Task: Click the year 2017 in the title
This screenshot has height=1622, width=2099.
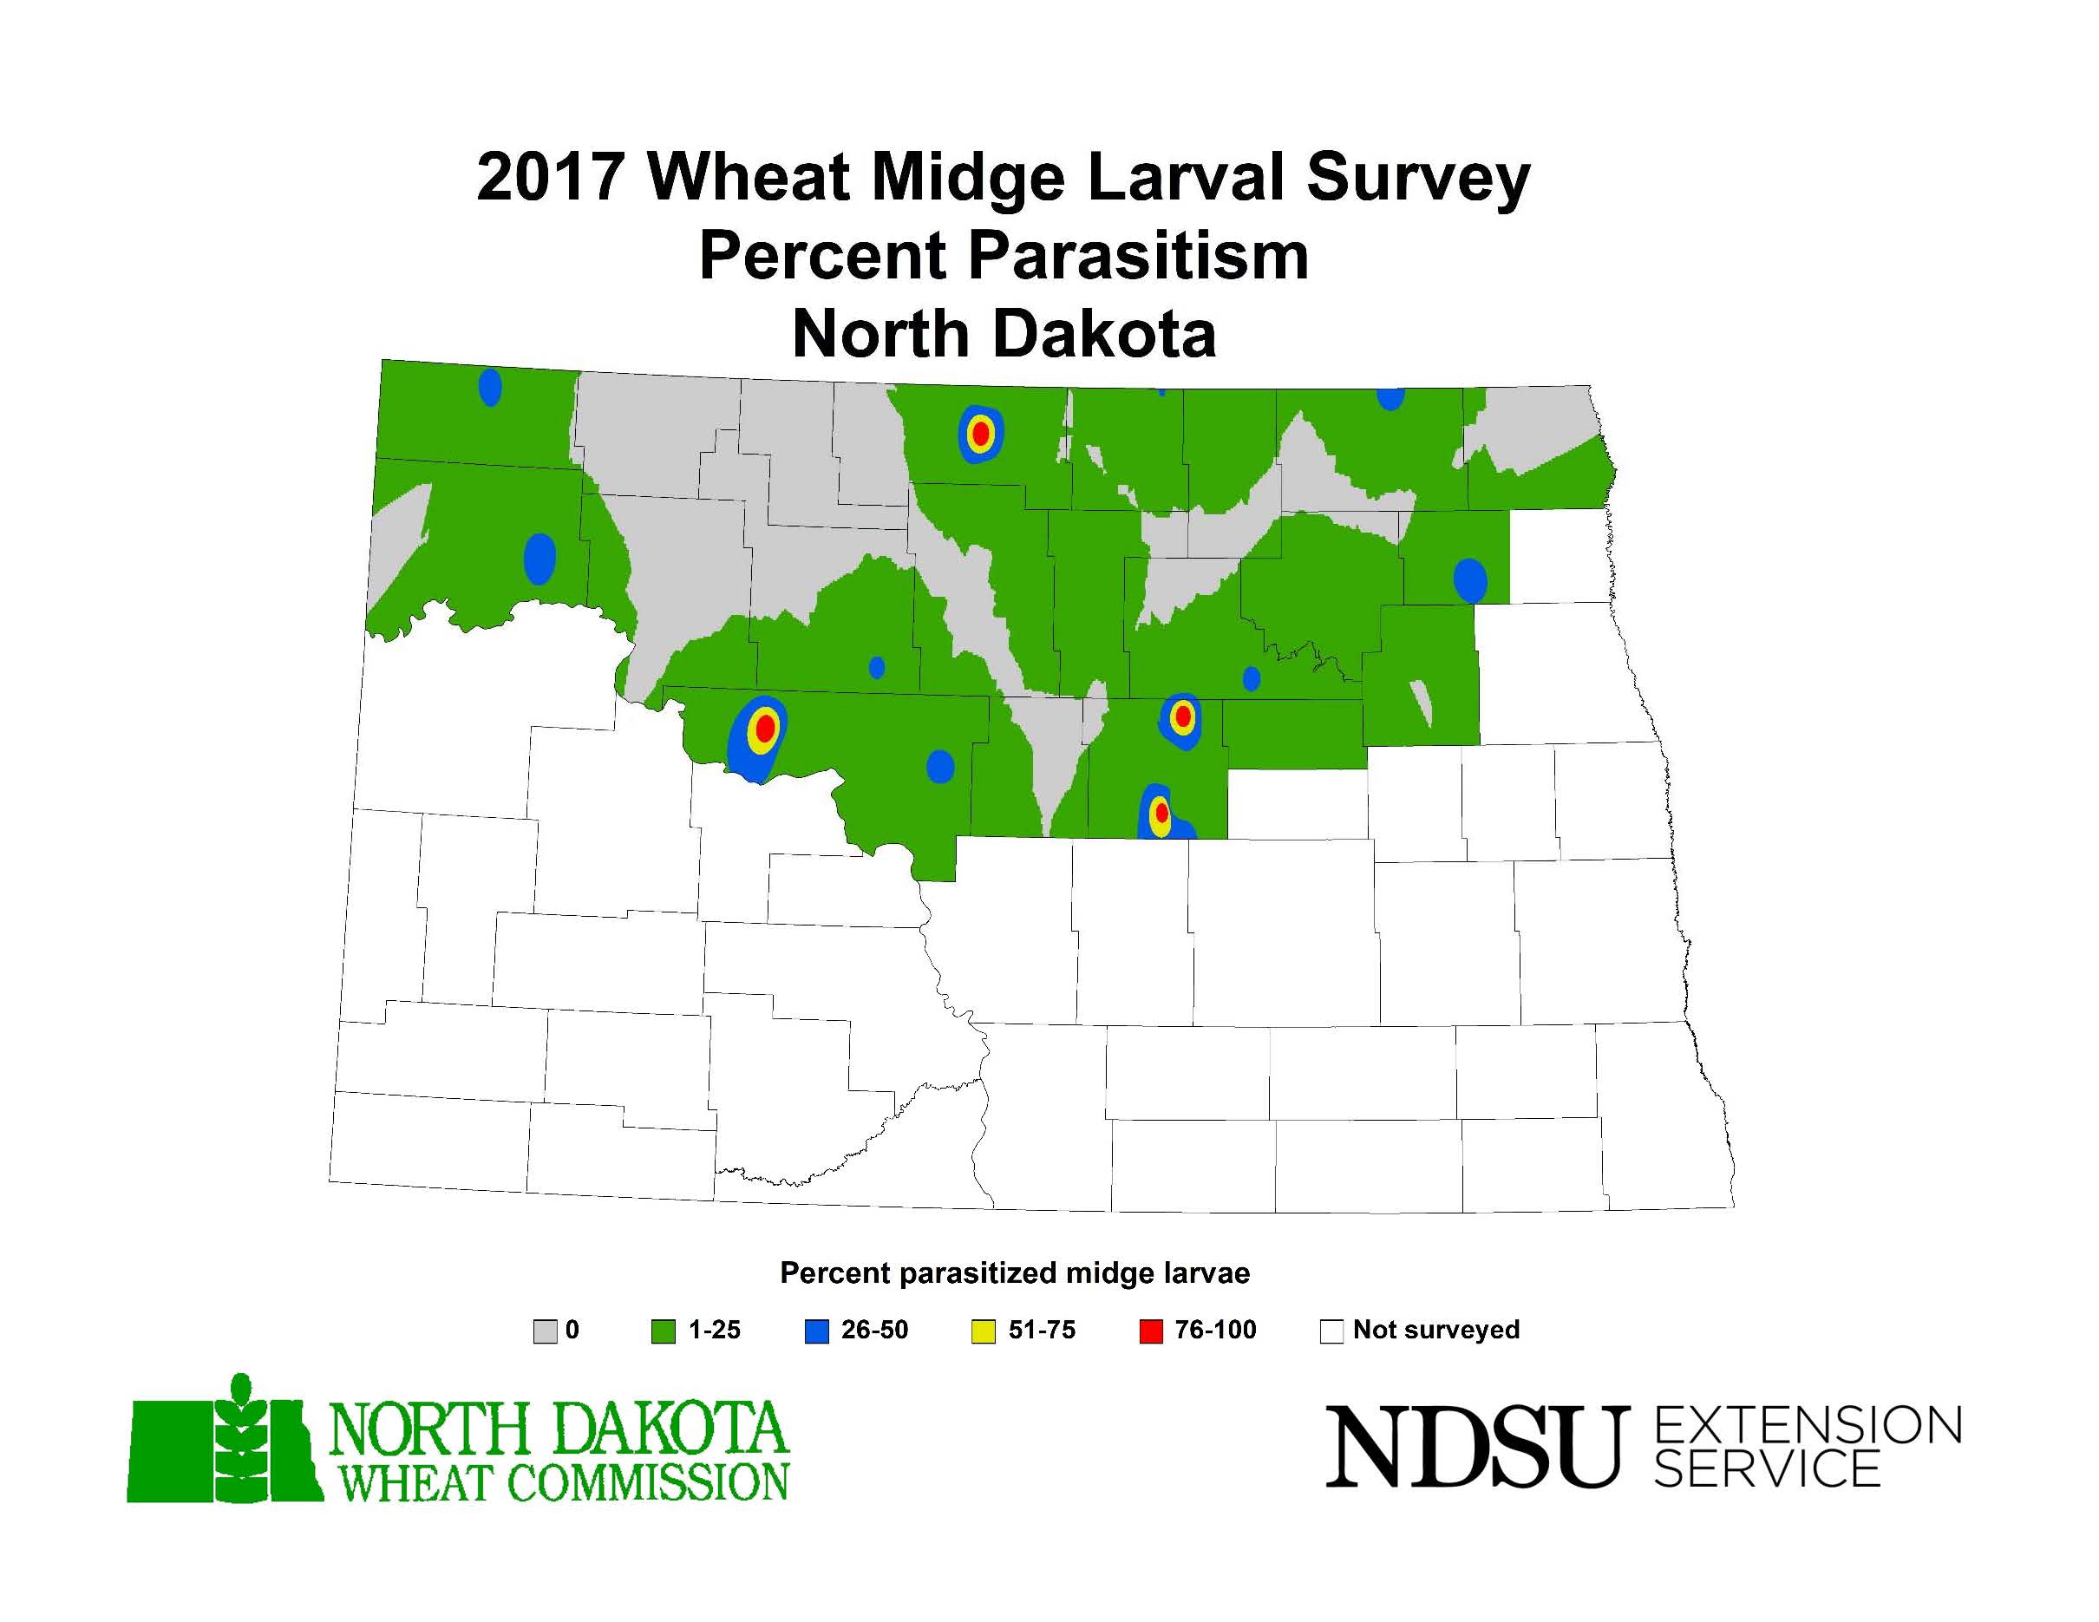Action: (x=551, y=178)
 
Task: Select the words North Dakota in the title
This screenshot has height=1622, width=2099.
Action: (x=1004, y=335)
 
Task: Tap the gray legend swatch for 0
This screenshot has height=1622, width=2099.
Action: (x=545, y=1331)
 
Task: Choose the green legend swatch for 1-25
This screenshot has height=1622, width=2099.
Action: (x=664, y=1331)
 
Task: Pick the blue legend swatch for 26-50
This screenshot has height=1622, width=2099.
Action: (x=816, y=1331)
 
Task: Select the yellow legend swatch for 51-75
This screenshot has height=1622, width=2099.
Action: (x=984, y=1331)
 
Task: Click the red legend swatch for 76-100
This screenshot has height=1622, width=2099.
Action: (x=1150, y=1331)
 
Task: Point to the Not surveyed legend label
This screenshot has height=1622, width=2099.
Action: (x=1435, y=1330)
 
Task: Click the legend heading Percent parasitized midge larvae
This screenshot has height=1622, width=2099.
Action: (x=1015, y=1273)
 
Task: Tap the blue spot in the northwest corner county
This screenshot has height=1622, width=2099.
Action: (x=490, y=387)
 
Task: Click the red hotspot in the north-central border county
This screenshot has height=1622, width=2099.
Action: (x=980, y=434)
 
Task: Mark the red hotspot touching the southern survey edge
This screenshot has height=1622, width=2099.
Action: (x=1161, y=813)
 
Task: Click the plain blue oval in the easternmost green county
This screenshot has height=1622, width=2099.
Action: (x=1469, y=580)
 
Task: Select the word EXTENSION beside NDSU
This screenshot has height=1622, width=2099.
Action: (x=1808, y=1425)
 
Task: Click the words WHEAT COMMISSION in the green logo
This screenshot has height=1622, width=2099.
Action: (x=563, y=1481)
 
